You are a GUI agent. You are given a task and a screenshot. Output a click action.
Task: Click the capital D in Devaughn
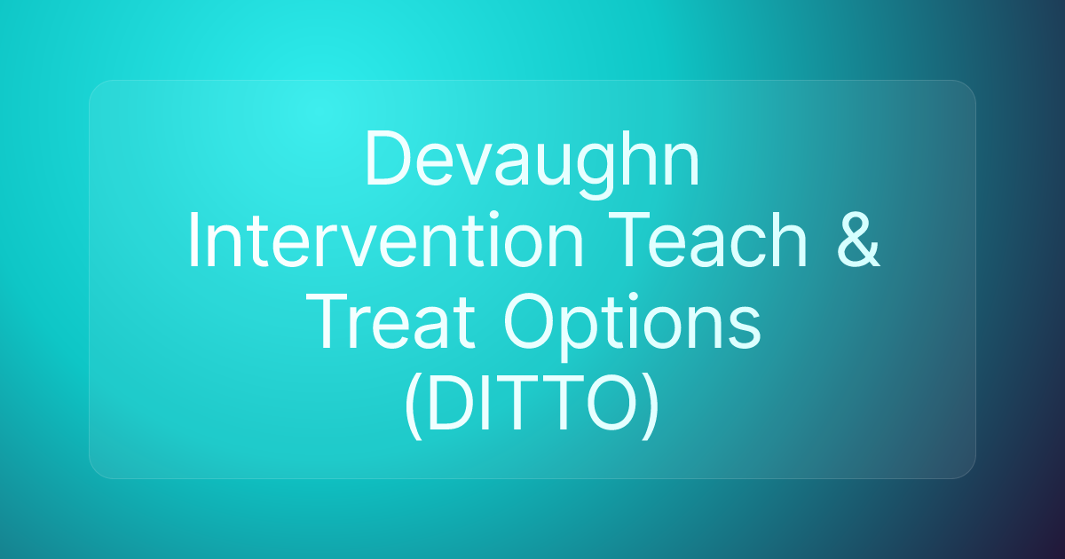[x=387, y=160]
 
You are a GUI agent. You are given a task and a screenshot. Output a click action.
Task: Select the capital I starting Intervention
[x=194, y=241]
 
